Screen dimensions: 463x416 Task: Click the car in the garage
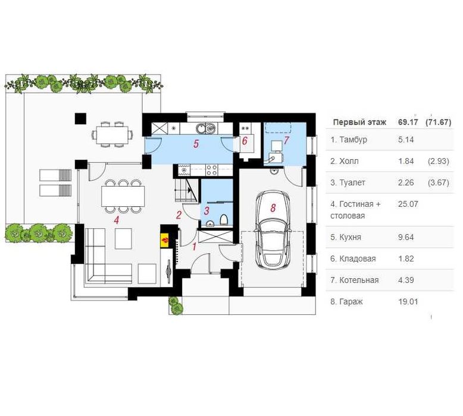coord(273,229)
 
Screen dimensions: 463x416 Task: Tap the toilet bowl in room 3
coord(224,220)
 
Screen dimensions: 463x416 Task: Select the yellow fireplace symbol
coord(165,240)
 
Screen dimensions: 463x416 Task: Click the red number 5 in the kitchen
coord(196,144)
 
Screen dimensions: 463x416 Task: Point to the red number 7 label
coord(286,140)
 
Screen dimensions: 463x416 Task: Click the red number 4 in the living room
coord(117,220)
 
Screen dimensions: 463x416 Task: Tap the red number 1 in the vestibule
coord(194,247)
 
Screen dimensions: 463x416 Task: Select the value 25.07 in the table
coord(408,204)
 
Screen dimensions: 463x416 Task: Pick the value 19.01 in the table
coord(408,302)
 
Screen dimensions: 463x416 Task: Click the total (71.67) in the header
coord(439,122)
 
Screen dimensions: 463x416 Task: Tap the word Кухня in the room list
coord(350,237)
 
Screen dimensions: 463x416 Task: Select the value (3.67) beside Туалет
coord(439,183)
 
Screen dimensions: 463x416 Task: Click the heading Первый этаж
coord(359,122)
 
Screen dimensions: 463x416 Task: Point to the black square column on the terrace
coord(80,118)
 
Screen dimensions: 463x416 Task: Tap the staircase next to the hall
coord(186,190)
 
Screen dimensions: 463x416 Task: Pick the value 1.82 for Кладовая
coord(406,259)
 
